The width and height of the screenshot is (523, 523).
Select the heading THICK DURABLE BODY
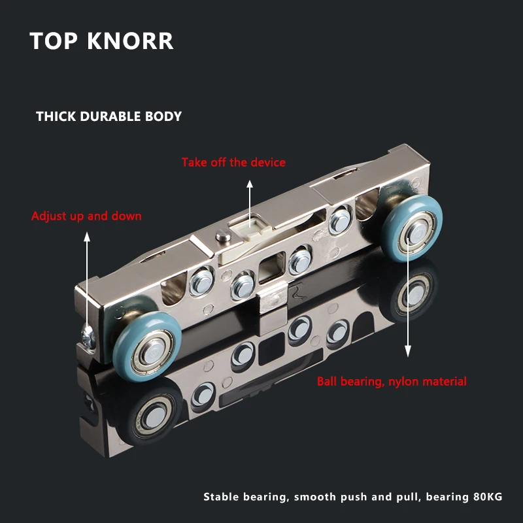[109, 116]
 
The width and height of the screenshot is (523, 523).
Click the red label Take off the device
[233, 162]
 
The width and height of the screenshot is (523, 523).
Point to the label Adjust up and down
[86, 216]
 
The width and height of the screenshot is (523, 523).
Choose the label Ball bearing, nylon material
[392, 381]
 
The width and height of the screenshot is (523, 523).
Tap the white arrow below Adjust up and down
[86, 275]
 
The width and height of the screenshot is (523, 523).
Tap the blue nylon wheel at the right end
[413, 231]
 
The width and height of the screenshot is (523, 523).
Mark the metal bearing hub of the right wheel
[415, 231]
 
